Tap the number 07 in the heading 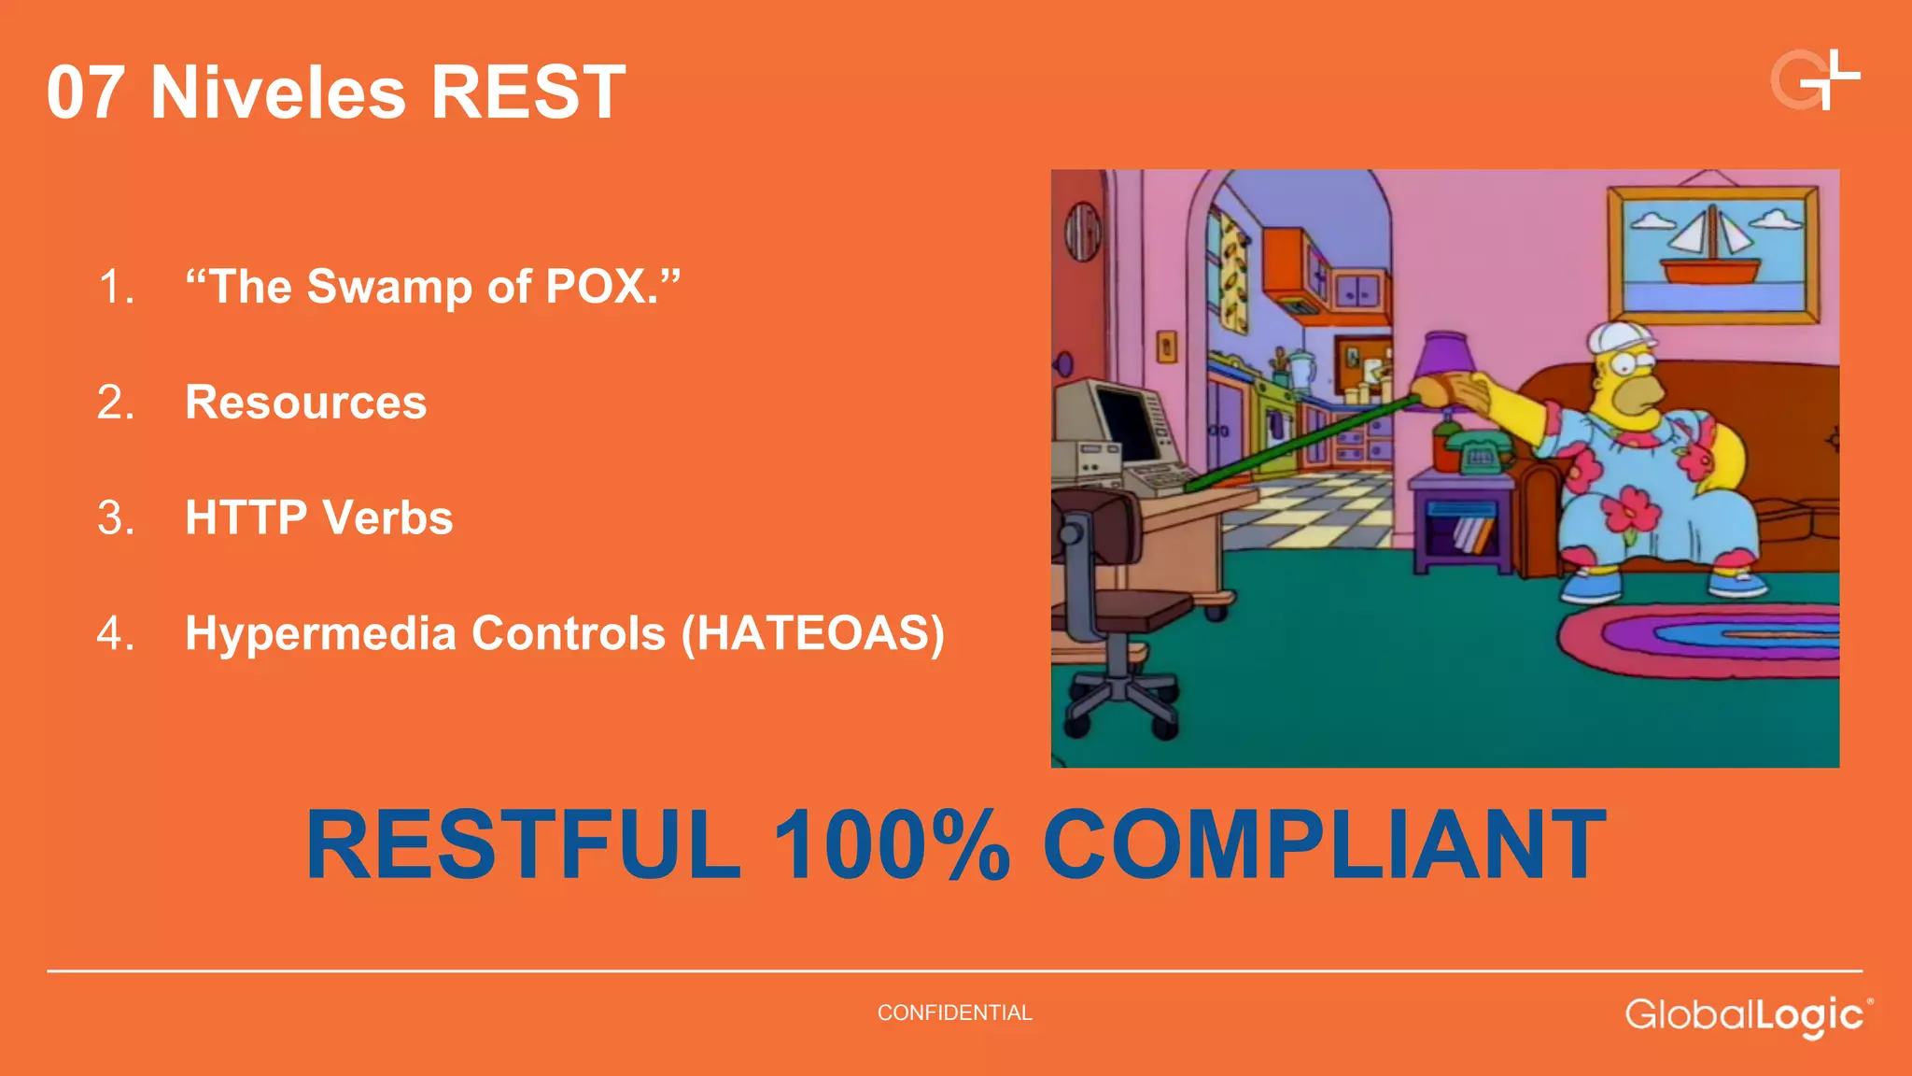(85, 92)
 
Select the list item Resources (305, 403)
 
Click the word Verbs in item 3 (387, 517)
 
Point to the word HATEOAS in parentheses (812, 633)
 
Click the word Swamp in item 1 (389, 287)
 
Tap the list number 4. (115, 633)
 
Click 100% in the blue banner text (892, 845)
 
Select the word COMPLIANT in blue (1323, 845)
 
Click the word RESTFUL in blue (523, 845)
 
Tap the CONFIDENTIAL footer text (954, 1012)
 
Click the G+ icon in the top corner (1814, 80)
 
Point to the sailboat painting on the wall (1712, 253)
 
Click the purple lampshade (1445, 360)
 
